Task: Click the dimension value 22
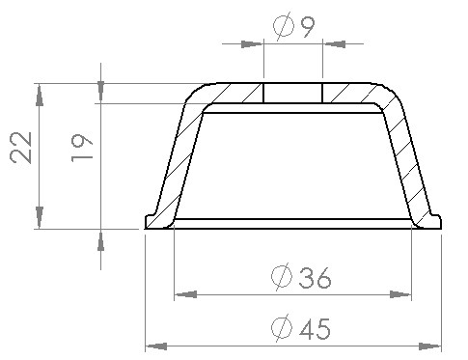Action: [x=21, y=148]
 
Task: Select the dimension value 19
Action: [x=82, y=148]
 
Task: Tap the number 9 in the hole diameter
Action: [x=308, y=27]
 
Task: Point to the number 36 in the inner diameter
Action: [x=315, y=277]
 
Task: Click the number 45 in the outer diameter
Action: [x=315, y=329]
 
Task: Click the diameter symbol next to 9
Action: [x=284, y=26]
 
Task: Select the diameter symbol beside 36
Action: [x=282, y=277]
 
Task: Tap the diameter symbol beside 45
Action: [x=282, y=328]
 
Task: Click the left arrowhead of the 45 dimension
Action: [x=156, y=346]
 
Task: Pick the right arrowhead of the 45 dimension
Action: [x=430, y=346]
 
